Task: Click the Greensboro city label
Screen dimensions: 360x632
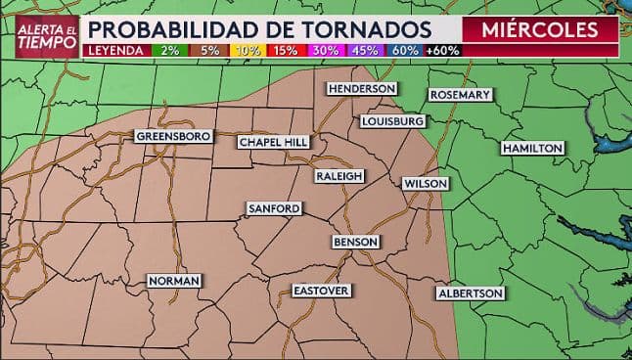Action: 174,136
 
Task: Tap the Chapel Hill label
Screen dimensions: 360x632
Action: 274,142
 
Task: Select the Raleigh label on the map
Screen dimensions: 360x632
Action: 339,176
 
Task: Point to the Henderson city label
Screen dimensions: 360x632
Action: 362,88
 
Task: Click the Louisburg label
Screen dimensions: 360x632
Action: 392,121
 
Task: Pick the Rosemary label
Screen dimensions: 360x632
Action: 459,95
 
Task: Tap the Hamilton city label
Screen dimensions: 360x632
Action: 532,148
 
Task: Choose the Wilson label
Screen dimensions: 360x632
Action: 426,184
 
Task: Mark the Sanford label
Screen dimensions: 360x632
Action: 274,208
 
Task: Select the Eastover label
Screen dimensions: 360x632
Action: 322,291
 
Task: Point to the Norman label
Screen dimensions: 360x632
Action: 174,281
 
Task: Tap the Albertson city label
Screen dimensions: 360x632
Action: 470,293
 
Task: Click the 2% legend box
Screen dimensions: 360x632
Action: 167,50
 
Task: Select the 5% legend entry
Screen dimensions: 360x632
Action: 208,50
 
